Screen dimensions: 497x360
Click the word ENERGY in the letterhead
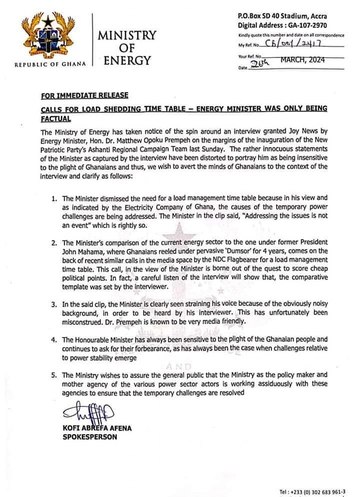coord(127,60)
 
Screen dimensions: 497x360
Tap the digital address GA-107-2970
coord(315,25)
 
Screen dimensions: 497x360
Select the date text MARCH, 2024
coord(303,60)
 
